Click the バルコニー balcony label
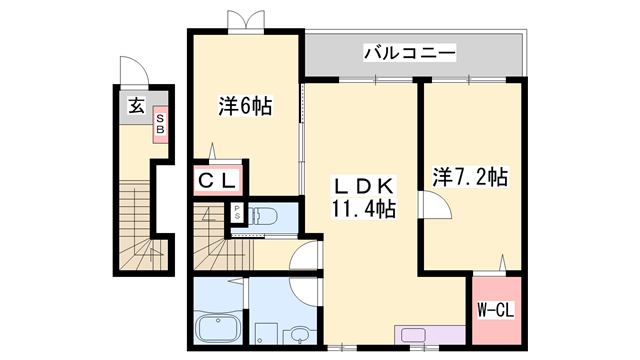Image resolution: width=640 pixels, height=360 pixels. [x=409, y=51]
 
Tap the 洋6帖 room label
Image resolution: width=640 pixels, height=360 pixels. [x=245, y=104]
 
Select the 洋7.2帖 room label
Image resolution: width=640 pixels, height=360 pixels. [x=470, y=178]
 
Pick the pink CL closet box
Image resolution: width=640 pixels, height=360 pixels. [x=215, y=180]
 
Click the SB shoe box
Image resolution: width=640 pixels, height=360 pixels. [x=159, y=125]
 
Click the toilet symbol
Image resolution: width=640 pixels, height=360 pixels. [x=262, y=214]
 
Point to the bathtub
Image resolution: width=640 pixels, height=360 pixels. [x=216, y=328]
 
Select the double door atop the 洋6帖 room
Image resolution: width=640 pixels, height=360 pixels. [x=246, y=21]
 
